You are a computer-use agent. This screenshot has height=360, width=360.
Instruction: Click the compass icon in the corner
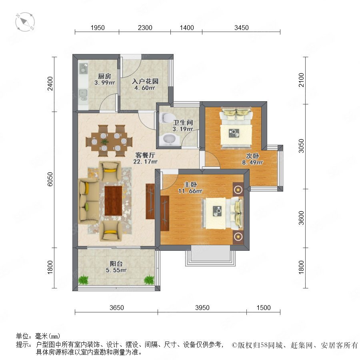click(25, 22)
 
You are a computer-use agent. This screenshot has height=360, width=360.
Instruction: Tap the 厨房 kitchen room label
click(104, 76)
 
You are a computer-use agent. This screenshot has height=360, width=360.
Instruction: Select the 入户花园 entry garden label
click(145, 81)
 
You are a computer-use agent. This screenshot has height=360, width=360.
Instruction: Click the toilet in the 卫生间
click(167, 118)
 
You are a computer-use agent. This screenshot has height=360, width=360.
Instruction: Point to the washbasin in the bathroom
click(170, 139)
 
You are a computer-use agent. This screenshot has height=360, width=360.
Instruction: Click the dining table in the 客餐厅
click(109, 141)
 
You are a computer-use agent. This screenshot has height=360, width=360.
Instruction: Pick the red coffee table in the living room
click(113, 201)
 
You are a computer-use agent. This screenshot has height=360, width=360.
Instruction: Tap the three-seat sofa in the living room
click(89, 201)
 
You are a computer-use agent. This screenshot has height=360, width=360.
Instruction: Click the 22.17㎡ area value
click(145, 162)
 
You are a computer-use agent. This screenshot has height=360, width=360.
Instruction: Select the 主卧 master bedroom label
click(190, 184)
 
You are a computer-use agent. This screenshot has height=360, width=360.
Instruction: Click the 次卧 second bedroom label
click(252, 156)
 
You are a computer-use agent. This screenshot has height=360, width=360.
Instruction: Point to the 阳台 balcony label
click(116, 264)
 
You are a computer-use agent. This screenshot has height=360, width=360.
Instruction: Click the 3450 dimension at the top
click(242, 28)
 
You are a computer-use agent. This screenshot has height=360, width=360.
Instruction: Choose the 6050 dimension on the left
click(50, 179)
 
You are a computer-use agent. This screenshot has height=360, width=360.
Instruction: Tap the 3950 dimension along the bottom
click(202, 308)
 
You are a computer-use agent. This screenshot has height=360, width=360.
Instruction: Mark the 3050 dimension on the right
click(301, 146)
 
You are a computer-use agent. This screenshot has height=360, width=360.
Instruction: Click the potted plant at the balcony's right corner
click(149, 280)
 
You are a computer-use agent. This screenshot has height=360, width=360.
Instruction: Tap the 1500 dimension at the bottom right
click(264, 308)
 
